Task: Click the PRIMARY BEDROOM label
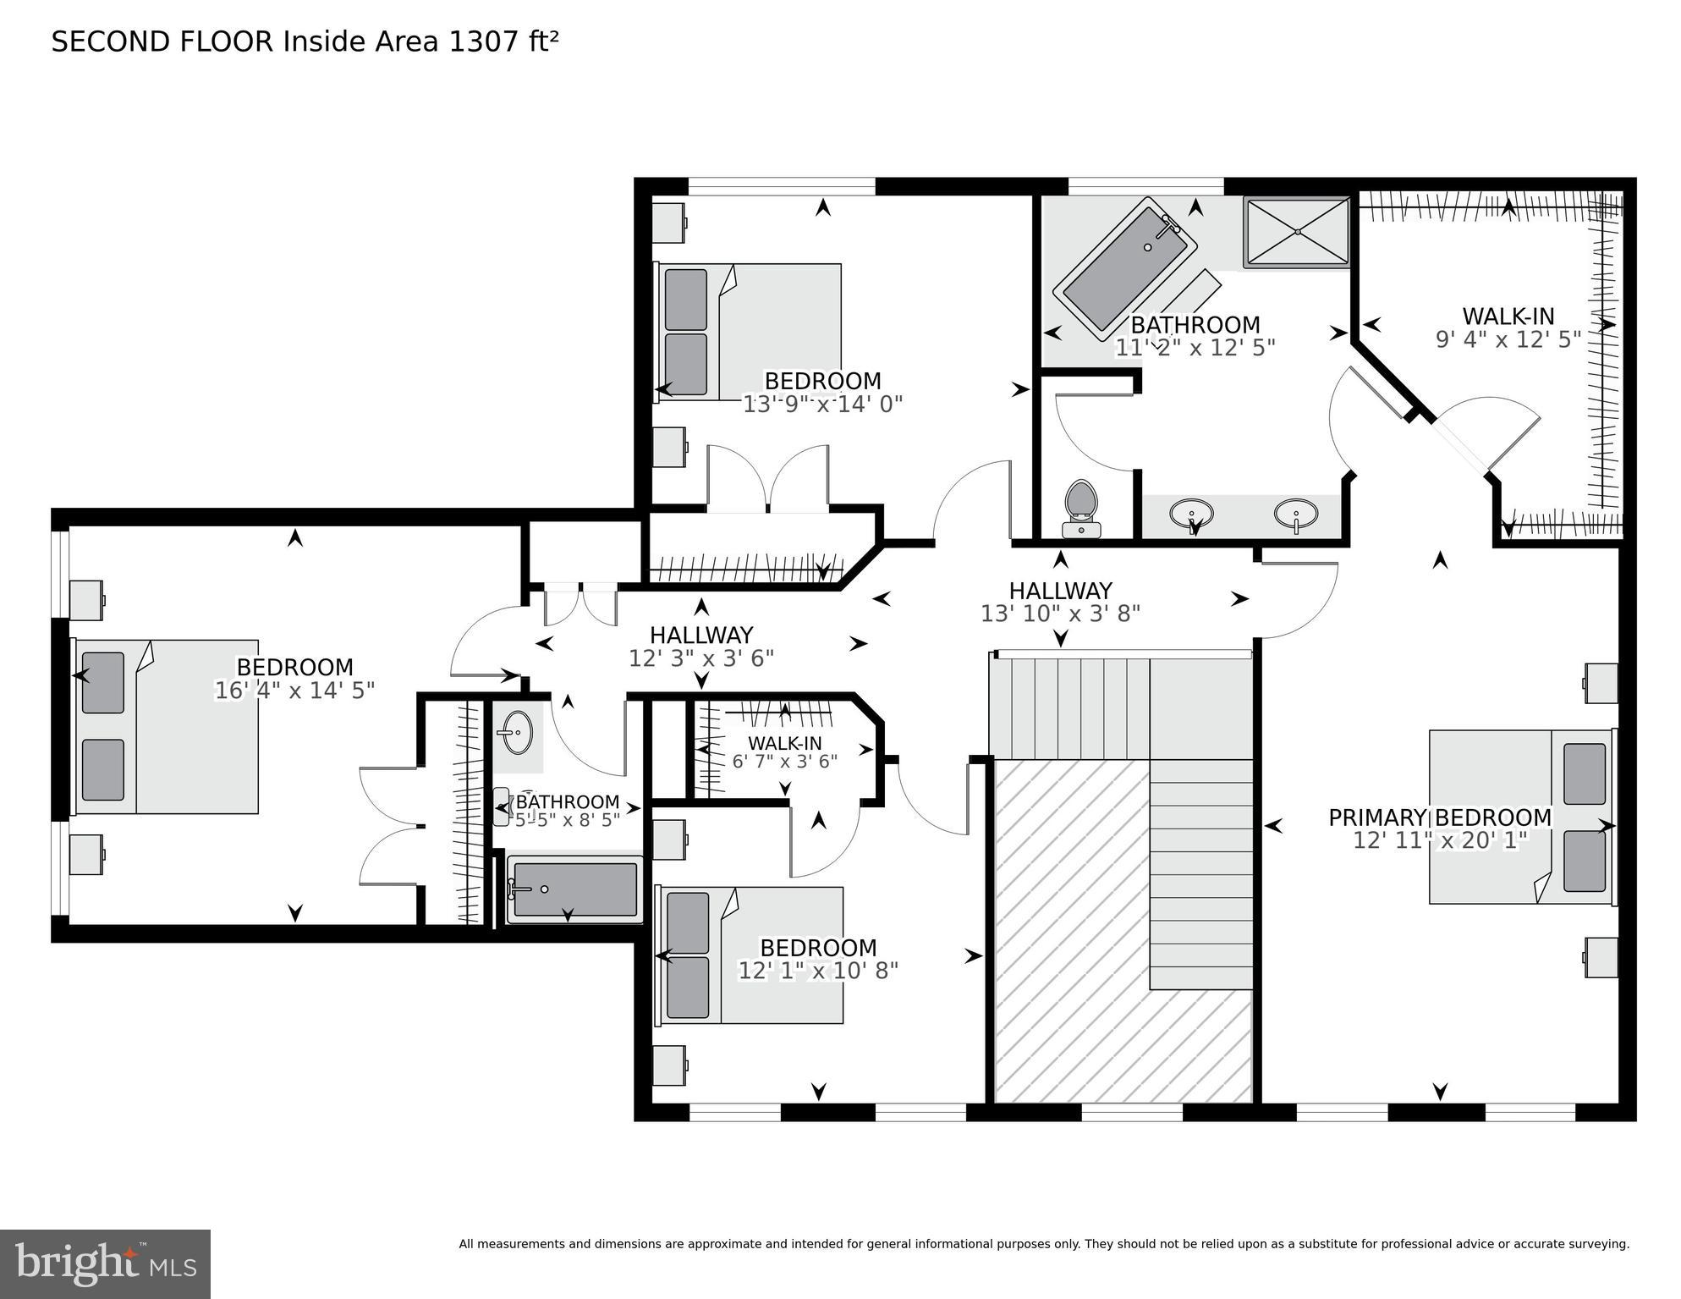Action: [x=1439, y=817]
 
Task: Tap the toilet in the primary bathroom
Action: [x=1080, y=507]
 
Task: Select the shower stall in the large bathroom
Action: [x=1296, y=232]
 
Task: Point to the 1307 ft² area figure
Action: [x=503, y=41]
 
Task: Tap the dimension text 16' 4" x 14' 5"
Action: [x=294, y=691]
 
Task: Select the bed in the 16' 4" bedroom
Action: [x=167, y=726]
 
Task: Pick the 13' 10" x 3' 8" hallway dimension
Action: [x=1060, y=614]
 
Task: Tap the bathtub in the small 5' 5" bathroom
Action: [x=574, y=889]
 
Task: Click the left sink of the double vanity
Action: [x=1191, y=514]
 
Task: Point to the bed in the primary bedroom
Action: [x=1521, y=817]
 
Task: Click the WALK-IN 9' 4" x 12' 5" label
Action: [x=1508, y=328]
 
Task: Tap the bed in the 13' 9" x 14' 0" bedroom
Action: [x=750, y=332]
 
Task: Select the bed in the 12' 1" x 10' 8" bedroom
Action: [x=750, y=955]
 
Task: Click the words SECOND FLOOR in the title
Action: [x=162, y=41]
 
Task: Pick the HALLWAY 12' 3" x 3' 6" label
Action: [x=700, y=647]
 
